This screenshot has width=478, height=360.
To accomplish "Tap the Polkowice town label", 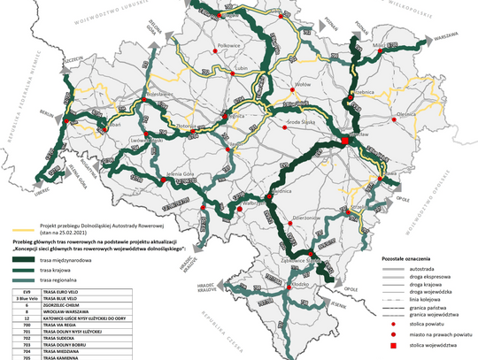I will pos(229,42).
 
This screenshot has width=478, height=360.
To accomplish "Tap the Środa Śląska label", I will pos(306,118).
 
